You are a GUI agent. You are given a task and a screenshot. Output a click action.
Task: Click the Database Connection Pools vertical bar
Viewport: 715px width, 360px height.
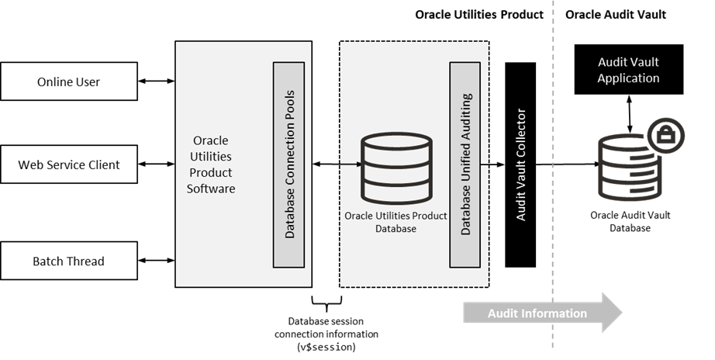(x=289, y=164)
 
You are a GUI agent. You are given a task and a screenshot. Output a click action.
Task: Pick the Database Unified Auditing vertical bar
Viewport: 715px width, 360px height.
(x=465, y=164)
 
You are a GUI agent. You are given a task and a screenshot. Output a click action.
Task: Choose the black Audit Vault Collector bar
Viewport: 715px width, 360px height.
(x=520, y=164)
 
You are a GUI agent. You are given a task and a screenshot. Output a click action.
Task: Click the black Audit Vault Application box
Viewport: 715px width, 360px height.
(x=628, y=69)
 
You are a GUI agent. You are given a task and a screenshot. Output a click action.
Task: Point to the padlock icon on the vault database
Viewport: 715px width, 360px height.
(x=665, y=133)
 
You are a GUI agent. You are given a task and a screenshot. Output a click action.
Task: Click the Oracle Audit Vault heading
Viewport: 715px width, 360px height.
(x=616, y=14)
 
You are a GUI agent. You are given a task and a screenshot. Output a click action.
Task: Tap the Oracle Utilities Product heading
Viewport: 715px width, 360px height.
(x=479, y=14)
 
